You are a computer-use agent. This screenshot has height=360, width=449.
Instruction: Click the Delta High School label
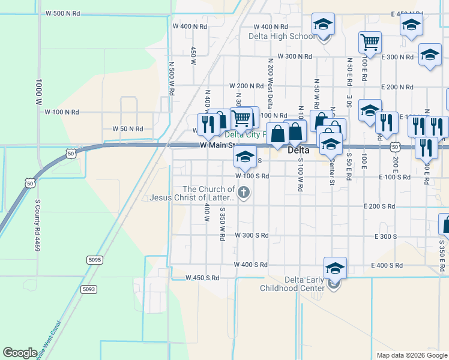(282, 36)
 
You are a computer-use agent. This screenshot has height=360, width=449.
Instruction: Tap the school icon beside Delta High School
(323, 25)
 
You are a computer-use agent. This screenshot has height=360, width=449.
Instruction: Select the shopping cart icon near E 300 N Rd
(370, 43)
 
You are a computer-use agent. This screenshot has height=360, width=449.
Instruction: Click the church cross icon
(243, 193)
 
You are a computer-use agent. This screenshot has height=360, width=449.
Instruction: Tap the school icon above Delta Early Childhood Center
(335, 268)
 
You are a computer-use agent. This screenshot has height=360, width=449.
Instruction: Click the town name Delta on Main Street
(298, 151)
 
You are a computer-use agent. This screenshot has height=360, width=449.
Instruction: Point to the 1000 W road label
(38, 92)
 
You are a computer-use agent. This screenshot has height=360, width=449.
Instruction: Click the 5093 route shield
(89, 289)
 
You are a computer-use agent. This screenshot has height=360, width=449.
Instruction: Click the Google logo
(20, 353)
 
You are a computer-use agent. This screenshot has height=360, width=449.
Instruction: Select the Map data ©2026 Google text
(412, 355)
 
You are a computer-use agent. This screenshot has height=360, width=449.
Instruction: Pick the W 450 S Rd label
(202, 278)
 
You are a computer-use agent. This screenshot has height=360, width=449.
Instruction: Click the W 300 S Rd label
(252, 235)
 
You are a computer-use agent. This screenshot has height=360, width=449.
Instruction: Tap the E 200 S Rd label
(379, 206)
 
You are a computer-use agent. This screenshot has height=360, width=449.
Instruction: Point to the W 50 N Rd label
(128, 128)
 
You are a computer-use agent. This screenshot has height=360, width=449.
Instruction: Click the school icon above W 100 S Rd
(244, 157)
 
